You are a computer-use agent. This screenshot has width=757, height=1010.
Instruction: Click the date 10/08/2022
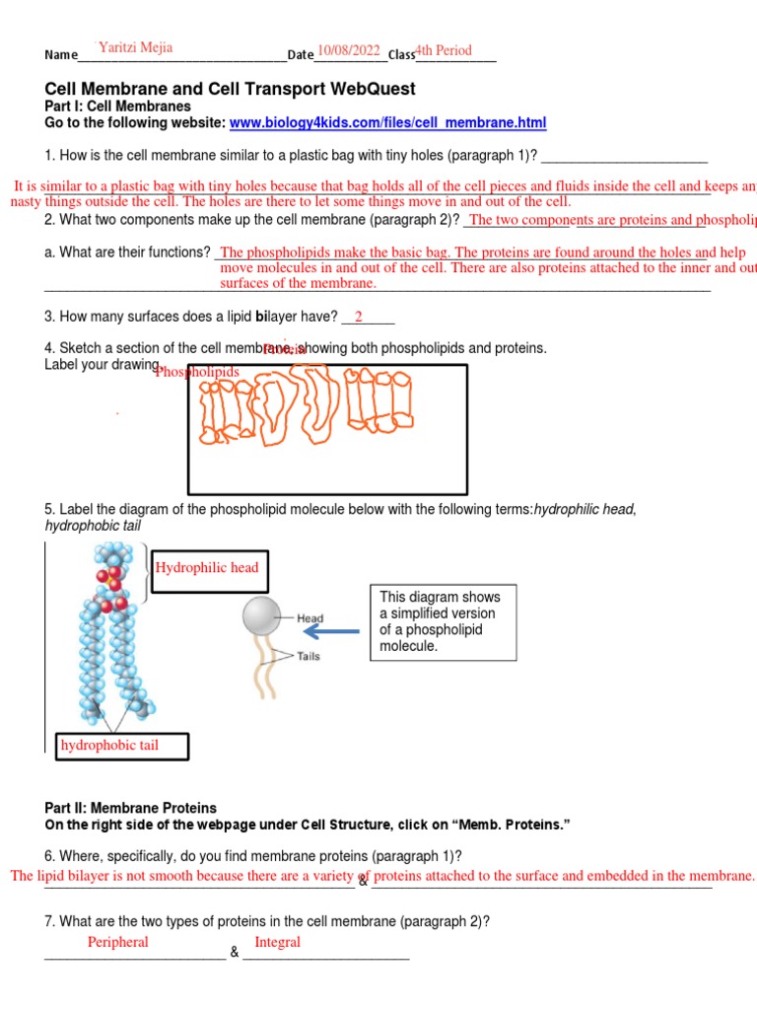[x=348, y=50]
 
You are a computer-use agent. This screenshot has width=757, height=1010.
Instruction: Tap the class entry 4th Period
[x=444, y=50]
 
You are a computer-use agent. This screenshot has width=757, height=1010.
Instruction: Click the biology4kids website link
[x=387, y=123]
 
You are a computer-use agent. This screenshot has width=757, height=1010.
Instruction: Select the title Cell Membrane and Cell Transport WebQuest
[x=231, y=89]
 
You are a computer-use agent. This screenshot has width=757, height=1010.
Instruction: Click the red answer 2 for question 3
[x=359, y=316]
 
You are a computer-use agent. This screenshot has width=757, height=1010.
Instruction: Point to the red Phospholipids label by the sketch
[x=197, y=372]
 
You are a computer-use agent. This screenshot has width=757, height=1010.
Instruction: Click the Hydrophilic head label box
[x=207, y=568]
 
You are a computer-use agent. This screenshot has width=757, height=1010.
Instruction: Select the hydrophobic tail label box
[x=121, y=746]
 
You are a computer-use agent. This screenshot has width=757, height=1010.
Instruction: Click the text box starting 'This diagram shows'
[x=445, y=622]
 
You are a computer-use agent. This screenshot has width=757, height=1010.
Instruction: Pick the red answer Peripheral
[x=118, y=942]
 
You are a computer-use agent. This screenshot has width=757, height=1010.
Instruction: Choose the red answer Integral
[x=277, y=942]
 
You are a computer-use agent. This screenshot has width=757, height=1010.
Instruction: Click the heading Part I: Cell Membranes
[x=118, y=107]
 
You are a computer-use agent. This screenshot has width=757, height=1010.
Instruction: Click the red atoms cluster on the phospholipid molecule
[x=112, y=582]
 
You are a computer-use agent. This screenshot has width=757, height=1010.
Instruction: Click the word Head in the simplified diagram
[x=310, y=618]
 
